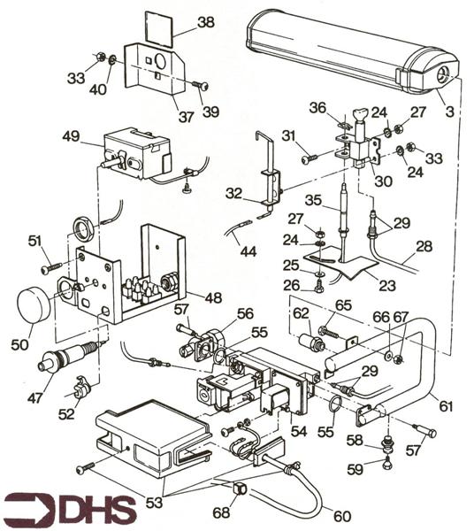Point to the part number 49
pos(72,137)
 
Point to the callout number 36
pos(317,108)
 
